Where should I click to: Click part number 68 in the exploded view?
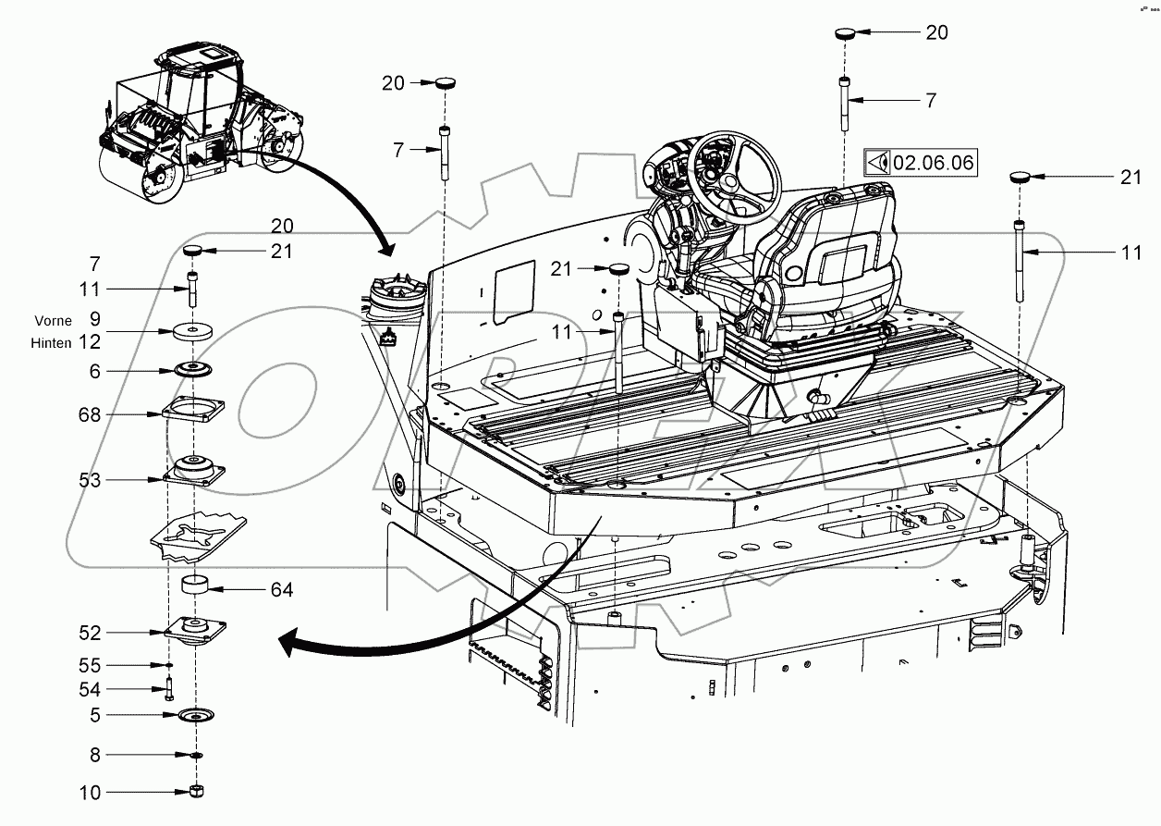tap(90, 414)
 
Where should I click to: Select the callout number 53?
tap(90, 480)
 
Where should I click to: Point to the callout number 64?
tap(282, 589)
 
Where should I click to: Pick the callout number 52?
tap(90, 633)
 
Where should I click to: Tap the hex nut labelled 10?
tap(195, 792)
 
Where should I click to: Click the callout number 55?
tap(90, 665)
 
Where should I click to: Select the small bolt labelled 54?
tap(170, 689)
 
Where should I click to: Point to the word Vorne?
tap(53, 320)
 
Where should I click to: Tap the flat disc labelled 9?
tap(194, 329)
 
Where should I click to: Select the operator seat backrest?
tap(837, 240)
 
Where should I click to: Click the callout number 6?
tap(94, 370)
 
